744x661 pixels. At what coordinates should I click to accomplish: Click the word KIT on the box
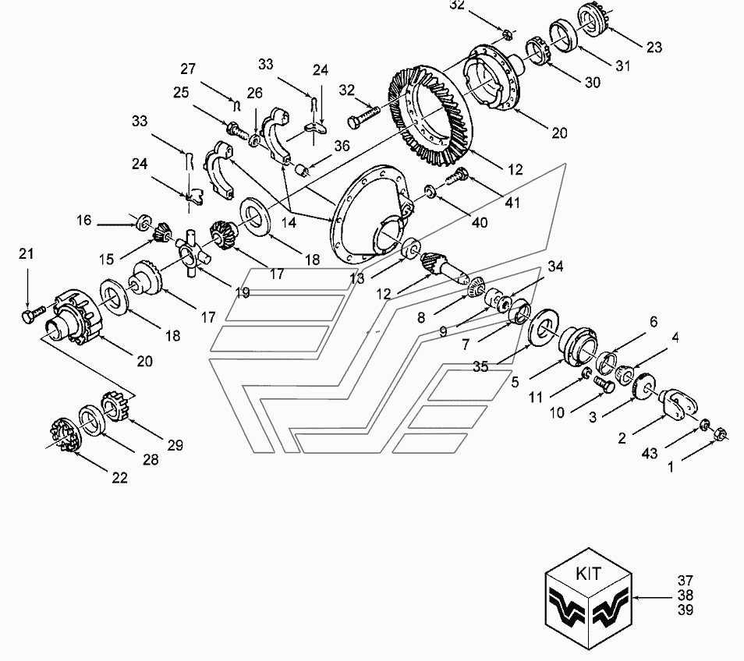tap(588, 574)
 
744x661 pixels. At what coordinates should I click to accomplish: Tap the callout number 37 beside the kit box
tap(686, 581)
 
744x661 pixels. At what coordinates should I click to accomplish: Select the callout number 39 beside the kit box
tap(686, 610)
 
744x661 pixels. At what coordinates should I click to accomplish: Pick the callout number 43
tap(650, 454)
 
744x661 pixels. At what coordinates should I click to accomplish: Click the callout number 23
tap(654, 48)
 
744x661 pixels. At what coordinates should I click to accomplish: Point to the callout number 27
tap(188, 69)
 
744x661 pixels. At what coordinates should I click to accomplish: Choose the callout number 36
tap(342, 146)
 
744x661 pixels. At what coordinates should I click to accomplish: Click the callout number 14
tap(288, 222)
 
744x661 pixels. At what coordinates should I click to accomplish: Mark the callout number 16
tap(83, 221)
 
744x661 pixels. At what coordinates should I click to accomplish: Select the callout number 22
tap(119, 478)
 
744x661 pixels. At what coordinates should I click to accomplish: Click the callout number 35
tap(480, 366)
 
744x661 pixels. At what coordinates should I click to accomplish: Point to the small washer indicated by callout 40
tap(430, 192)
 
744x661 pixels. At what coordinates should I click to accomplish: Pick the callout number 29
tap(175, 445)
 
